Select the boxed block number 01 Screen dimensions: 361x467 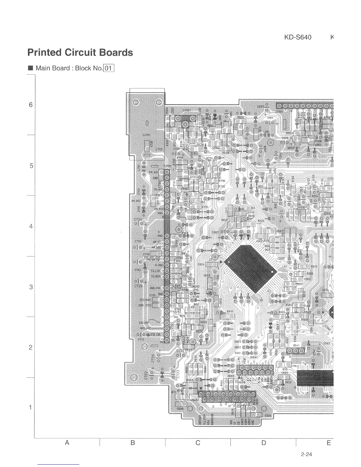[x=109, y=68]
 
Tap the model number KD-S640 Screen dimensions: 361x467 [x=298, y=37]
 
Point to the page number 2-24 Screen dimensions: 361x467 [x=306, y=454]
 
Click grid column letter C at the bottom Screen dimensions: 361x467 [x=198, y=443]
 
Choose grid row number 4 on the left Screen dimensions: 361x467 [x=31, y=226]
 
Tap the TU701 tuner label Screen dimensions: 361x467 [x=167, y=166]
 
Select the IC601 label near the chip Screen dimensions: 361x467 [x=281, y=259]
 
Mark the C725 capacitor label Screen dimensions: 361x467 [x=138, y=286]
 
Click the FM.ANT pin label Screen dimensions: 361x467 [x=154, y=172]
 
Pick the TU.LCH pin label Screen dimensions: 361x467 [x=155, y=271]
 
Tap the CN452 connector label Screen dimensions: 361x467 [x=195, y=400]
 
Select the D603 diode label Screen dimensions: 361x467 [x=238, y=341]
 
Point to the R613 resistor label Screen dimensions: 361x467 [x=314, y=266]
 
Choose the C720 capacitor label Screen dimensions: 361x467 [x=153, y=357]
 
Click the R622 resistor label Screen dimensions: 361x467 [x=241, y=117]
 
